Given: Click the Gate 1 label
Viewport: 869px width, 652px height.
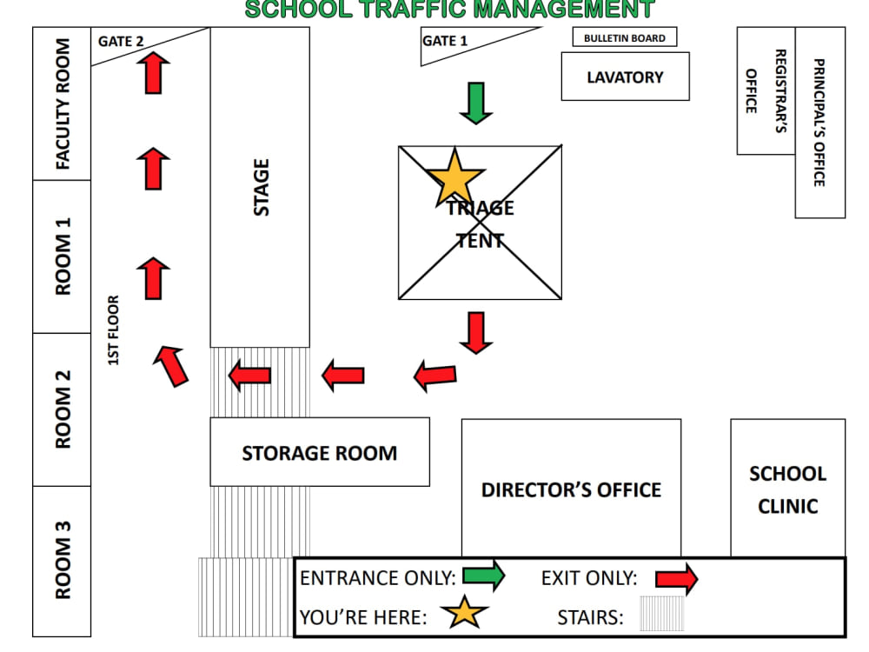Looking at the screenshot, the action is click(444, 41).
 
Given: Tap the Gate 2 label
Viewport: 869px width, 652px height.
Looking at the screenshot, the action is click(121, 42).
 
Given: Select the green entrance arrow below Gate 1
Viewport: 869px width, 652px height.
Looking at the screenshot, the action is click(476, 103).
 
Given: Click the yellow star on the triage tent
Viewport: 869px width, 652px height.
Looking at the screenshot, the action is click(454, 177).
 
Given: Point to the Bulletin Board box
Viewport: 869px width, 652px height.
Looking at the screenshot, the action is click(625, 37).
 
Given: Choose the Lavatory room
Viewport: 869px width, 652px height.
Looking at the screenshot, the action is click(625, 77).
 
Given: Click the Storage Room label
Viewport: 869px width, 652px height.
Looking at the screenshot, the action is click(320, 454).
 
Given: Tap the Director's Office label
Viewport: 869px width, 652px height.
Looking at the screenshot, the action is click(572, 490).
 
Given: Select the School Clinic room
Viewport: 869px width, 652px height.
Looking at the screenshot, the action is click(788, 488).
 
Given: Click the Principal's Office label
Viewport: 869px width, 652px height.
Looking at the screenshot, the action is click(819, 123).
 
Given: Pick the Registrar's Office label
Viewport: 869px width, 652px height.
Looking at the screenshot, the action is click(766, 91).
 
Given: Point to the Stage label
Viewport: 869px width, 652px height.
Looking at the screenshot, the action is click(261, 188).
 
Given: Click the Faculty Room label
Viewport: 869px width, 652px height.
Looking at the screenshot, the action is click(63, 103).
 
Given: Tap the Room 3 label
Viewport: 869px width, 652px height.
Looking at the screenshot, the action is click(63, 560).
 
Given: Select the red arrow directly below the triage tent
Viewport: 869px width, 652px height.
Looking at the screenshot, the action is click(476, 333).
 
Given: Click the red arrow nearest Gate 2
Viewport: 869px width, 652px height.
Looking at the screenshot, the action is click(154, 73).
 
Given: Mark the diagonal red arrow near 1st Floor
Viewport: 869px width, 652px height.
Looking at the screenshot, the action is click(172, 365).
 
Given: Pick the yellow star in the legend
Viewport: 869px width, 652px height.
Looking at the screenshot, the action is click(464, 613).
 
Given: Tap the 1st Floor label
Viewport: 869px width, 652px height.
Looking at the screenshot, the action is click(113, 330).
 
